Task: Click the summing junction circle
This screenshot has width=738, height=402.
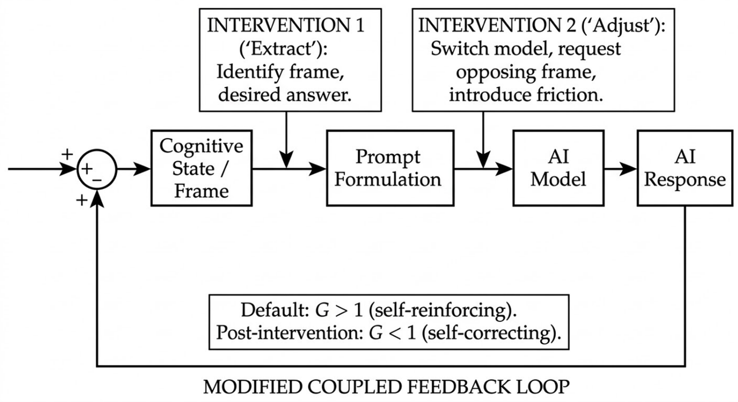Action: click(97, 169)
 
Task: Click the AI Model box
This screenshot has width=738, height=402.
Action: click(558, 168)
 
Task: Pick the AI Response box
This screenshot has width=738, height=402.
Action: click(684, 168)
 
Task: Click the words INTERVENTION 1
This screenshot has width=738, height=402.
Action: click(286, 26)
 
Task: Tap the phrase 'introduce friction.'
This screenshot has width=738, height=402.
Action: click(526, 95)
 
